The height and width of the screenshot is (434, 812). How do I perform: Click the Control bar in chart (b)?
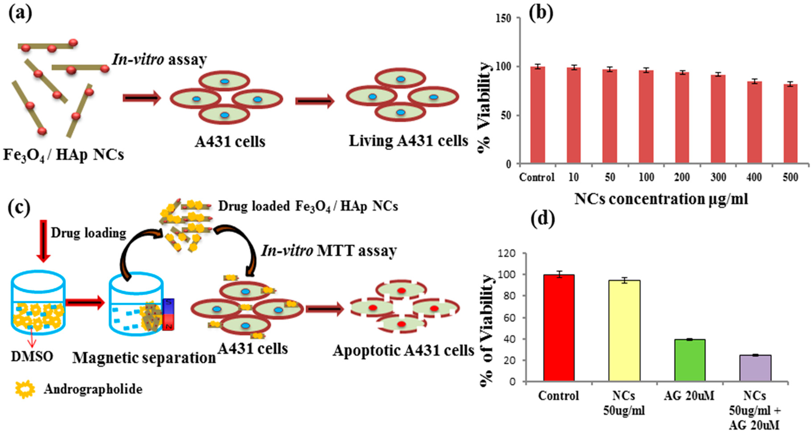pyautogui.click(x=537, y=115)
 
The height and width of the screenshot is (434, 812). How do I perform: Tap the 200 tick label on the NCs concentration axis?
pyautogui.click(x=682, y=177)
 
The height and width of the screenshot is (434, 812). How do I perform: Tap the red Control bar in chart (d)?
pyautogui.click(x=559, y=328)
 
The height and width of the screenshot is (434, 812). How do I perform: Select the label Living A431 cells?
pyautogui.click(x=408, y=141)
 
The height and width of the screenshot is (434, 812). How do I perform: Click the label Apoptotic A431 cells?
pyautogui.click(x=404, y=351)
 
